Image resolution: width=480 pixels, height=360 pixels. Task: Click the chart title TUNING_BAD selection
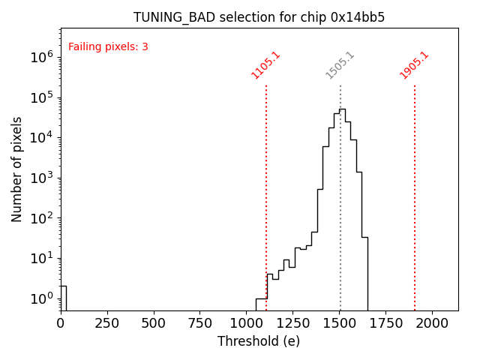259,17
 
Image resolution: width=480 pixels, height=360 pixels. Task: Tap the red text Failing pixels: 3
108,47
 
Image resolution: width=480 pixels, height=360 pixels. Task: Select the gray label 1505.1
340,65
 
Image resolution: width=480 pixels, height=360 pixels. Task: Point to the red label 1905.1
414,65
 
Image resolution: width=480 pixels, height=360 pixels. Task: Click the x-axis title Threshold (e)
259,341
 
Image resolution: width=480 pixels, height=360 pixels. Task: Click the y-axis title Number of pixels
17,169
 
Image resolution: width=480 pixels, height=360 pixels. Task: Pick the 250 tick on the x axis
107,324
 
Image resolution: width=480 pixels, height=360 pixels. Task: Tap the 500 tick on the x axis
154,324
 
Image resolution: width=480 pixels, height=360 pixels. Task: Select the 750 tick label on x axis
200,324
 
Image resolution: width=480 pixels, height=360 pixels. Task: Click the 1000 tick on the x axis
247,324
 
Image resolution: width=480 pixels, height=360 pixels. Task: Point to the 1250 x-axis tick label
293,324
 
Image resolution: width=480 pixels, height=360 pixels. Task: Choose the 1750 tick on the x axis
386,324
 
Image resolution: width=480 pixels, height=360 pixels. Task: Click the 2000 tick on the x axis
433,324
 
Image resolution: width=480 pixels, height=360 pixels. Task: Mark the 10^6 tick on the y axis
41,57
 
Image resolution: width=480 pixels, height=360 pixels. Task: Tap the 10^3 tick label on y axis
41,178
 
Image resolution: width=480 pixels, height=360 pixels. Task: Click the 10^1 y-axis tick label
41,259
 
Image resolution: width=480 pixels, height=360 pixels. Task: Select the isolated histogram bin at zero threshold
63,298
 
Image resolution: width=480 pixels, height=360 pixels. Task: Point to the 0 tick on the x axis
61,324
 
